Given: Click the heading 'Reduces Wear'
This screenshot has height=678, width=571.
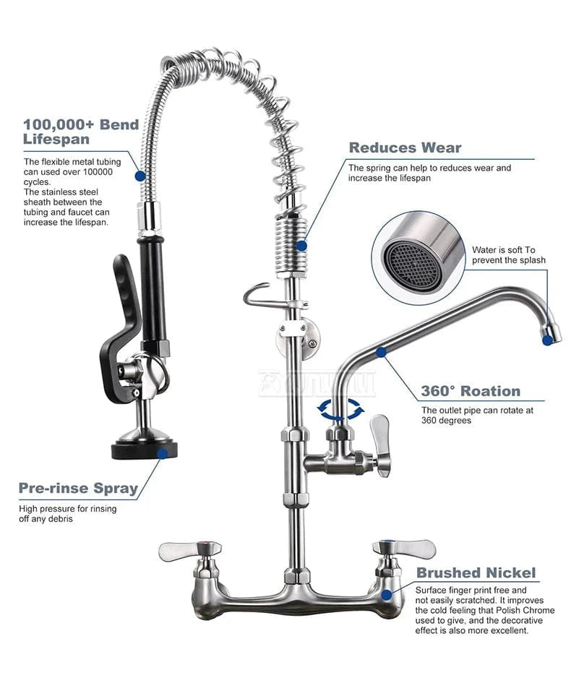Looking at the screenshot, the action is point(405,148).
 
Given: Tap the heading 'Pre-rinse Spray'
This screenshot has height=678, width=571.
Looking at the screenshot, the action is point(78,488).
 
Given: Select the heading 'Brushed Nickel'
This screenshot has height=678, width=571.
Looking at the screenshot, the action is point(476,572).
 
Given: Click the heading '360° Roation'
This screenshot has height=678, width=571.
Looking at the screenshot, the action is point(471,391).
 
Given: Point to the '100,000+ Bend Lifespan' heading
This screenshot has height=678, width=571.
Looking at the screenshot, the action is point(81,132).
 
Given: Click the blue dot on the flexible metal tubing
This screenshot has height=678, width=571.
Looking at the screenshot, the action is point(140,176).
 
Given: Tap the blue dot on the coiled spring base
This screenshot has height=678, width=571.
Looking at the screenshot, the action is point(301,246).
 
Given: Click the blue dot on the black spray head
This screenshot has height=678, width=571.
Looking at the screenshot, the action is point(163,454).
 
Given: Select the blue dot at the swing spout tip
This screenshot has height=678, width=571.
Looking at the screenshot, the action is point(547,340).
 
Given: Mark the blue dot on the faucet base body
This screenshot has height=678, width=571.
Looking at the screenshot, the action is point(387,595).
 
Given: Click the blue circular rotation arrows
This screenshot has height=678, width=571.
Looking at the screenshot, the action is point(340,409).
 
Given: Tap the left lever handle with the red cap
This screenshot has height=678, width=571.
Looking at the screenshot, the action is point(190,551).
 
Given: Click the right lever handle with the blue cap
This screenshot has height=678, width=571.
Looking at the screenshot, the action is point(404,549).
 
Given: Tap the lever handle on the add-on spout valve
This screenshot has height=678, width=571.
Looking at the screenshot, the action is point(381,445).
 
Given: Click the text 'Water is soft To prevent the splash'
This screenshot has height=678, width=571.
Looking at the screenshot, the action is point(508,255).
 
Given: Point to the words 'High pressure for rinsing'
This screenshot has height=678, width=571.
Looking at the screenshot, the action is point(67,509).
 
